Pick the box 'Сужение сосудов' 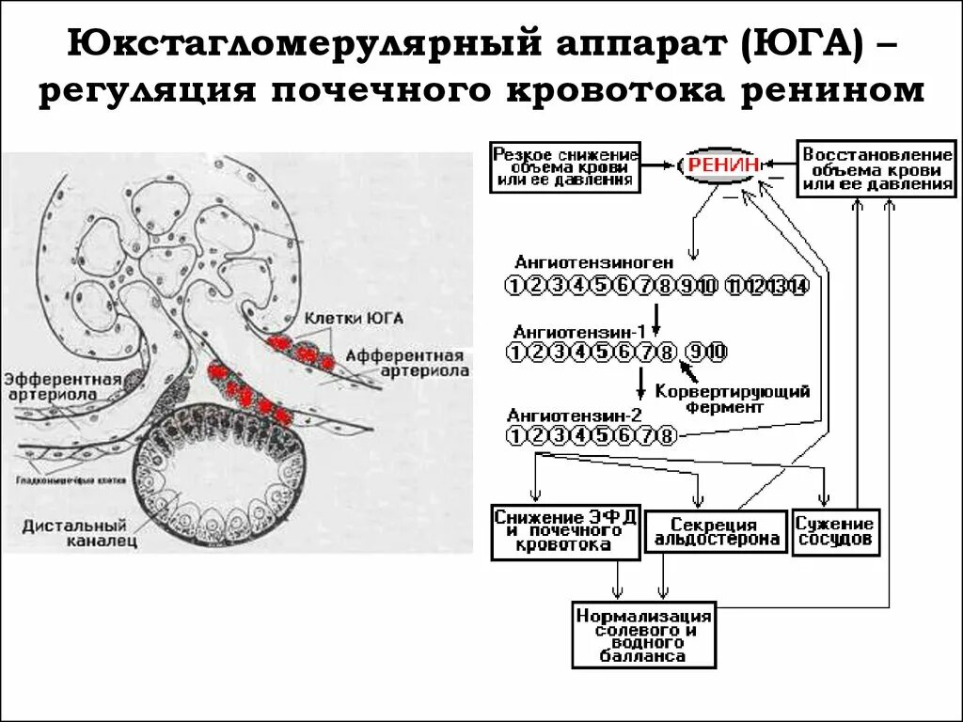pyautogui.click(x=835, y=532)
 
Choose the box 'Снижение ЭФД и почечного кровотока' pyautogui.click(x=564, y=531)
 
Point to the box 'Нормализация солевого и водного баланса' pyautogui.click(x=644, y=636)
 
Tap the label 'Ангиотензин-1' pyautogui.click(x=567, y=332)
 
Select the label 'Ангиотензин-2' pyautogui.click(x=562, y=414)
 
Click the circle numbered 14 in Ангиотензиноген pyautogui.click(x=798, y=287)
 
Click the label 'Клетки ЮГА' pyautogui.click(x=353, y=319)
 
